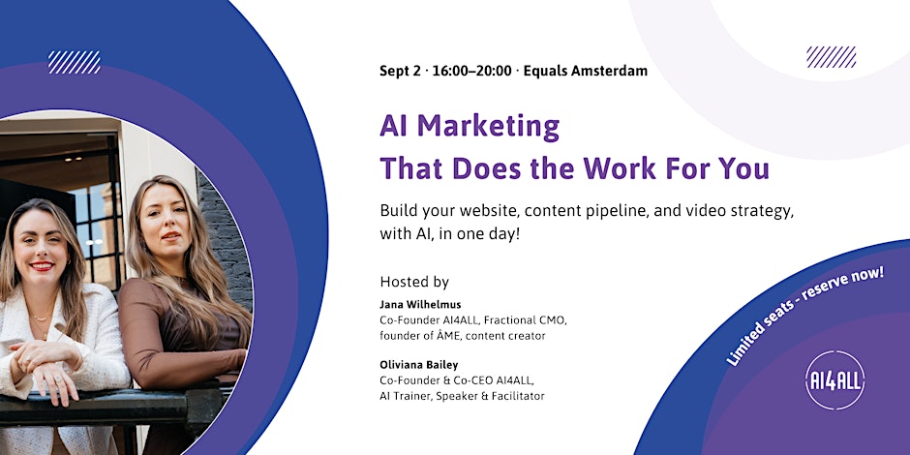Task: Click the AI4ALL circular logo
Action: tap(834, 380)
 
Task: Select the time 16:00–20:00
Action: tap(472, 72)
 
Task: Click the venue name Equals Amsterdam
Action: tap(585, 72)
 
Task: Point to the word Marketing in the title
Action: tap(489, 126)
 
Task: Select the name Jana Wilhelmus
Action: tap(413, 304)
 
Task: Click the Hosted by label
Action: tap(414, 283)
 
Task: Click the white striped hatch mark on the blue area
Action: tap(75, 62)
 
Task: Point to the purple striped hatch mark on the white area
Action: tap(831, 57)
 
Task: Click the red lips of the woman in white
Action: tap(42, 266)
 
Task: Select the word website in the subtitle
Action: tap(495, 212)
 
